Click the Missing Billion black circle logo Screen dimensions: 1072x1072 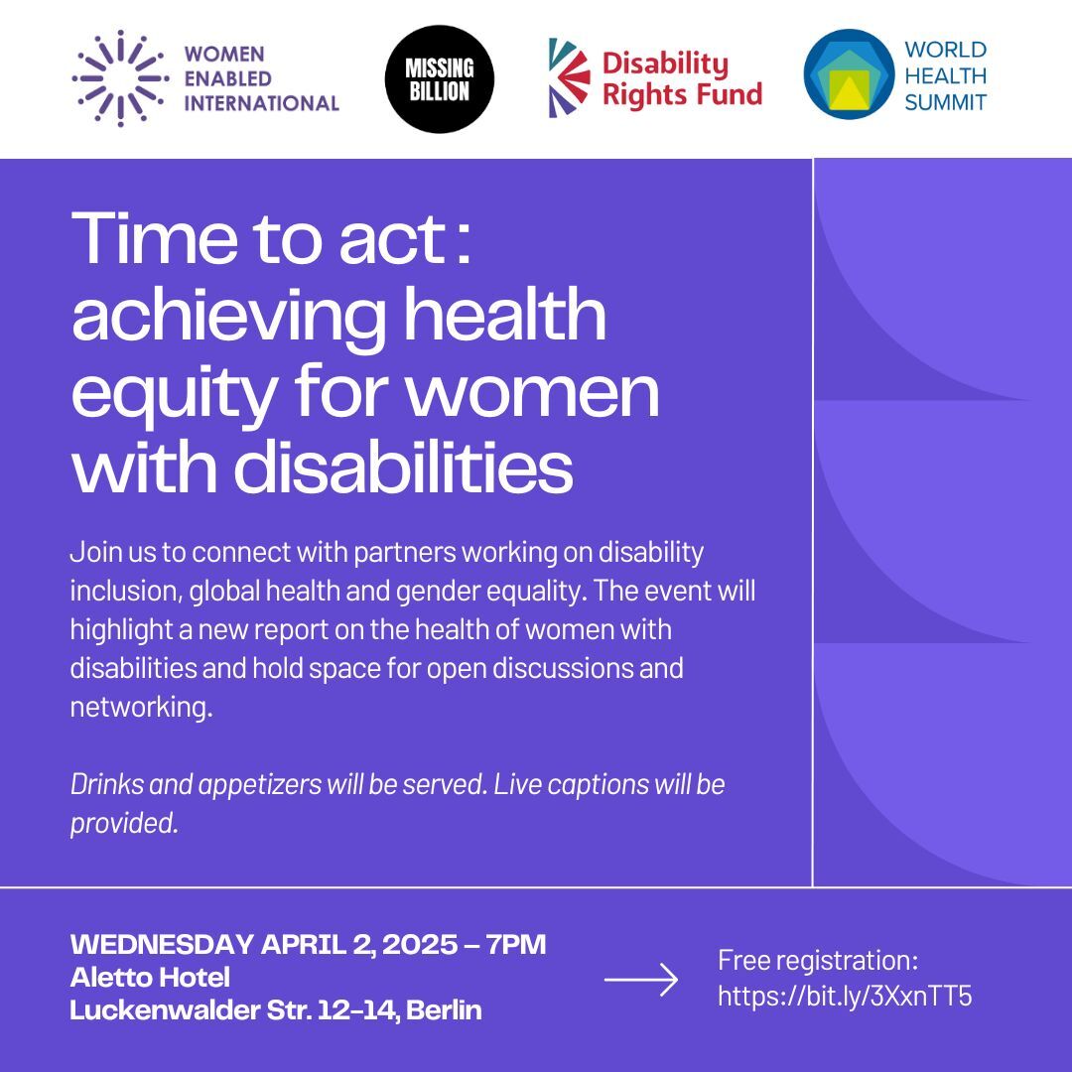439,79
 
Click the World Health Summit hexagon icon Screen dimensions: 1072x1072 850,74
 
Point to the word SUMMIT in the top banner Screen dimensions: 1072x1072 946,101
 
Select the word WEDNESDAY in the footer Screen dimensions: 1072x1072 163,944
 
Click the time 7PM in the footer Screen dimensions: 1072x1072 513,944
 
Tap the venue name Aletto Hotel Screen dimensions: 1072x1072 150,978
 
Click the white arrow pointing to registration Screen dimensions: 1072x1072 641,981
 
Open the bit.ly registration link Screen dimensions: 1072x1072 845,996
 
